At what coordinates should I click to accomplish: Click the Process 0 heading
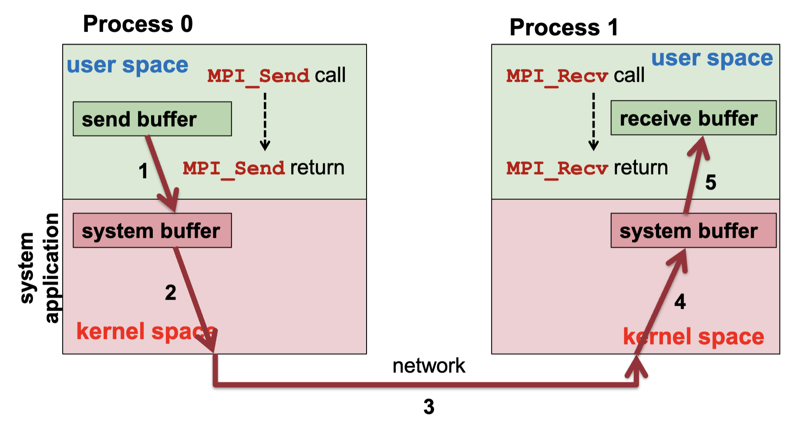[x=138, y=24]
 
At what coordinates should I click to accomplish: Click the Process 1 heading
[x=563, y=27]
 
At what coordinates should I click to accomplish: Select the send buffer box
[x=152, y=119]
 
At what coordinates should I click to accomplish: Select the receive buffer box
[x=693, y=118]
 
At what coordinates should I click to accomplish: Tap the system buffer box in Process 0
[x=152, y=230]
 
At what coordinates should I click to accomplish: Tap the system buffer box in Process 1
[x=693, y=230]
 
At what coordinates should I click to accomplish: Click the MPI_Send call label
[x=276, y=76]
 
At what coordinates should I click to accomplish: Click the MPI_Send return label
[x=263, y=168]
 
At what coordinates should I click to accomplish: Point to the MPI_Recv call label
[x=575, y=76]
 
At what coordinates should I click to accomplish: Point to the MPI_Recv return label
[x=586, y=168]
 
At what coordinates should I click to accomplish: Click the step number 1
[x=143, y=171]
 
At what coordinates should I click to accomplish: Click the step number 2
[x=170, y=292]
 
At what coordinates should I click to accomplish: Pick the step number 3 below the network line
[x=429, y=407]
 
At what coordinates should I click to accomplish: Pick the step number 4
[x=680, y=302]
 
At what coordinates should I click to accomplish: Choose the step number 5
[x=710, y=182]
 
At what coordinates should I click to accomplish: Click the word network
[x=428, y=366]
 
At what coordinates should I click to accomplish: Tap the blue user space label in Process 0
[x=127, y=66]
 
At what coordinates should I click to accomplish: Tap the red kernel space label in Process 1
[x=693, y=337]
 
